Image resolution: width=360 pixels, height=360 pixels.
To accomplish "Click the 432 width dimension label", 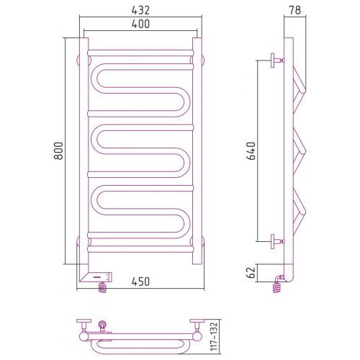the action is coord(140,10).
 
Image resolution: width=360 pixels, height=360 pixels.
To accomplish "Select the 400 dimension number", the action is coord(140,24).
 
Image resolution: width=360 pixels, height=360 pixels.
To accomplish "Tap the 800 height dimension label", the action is coord(58,150).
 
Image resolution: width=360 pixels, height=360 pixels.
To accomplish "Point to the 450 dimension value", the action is coord(140,282).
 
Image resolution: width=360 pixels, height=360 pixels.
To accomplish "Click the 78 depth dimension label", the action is coord(294,10).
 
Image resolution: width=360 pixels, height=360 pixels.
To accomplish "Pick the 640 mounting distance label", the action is coord(251,150).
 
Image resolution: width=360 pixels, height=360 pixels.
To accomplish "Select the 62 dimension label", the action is coord(251,272).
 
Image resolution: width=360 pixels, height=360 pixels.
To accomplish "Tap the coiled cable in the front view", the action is coord(102,287).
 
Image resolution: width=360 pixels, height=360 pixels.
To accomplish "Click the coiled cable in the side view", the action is coord(277,287).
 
